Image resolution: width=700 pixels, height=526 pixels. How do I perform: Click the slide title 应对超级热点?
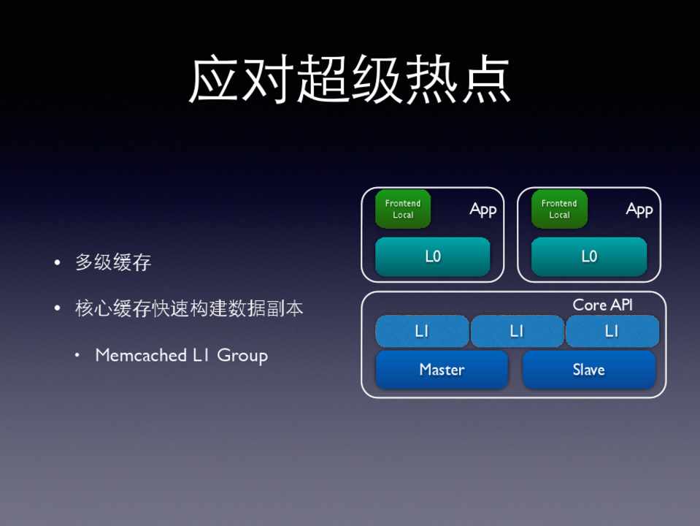[350, 80]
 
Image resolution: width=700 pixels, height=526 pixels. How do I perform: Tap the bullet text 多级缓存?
[113, 262]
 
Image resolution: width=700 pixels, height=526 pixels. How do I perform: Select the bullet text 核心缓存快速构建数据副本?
[189, 308]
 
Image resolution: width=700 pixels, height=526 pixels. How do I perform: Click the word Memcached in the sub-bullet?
[141, 355]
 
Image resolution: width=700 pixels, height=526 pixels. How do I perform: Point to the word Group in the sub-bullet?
[242, 357]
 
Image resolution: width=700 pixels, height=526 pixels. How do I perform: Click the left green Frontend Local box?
[403, 209]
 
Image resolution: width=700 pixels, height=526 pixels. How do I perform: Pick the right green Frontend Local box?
[559, 209]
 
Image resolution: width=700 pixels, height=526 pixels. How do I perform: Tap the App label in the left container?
[483, 210]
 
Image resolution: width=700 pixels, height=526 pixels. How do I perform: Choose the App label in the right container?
[639, 210]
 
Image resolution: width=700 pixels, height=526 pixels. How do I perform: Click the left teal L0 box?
[433, 256]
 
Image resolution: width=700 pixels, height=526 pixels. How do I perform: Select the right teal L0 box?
[589, 256]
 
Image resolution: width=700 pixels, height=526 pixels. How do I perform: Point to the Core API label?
[603, 305]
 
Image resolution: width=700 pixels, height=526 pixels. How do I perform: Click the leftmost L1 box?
[422, 331]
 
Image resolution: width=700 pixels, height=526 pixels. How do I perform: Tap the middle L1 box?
[517, 331]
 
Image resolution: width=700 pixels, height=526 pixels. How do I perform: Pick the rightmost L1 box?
[612, 331]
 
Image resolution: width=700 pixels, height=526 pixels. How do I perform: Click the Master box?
[442, 370]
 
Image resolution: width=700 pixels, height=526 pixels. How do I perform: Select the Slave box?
[589, 370]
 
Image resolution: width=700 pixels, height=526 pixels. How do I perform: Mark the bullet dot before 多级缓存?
[57, 262]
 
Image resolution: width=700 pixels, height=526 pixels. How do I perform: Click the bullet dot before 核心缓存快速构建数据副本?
[57, 308]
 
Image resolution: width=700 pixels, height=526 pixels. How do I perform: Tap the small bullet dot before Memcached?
[77, 355]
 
